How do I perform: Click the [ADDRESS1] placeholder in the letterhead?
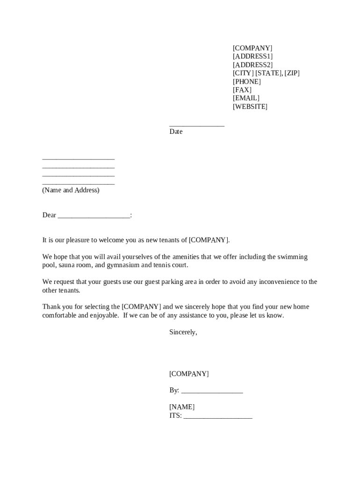coord(252,57)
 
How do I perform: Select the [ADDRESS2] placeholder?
coord(252,65)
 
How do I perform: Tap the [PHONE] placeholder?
coord(247,82)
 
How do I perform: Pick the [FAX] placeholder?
coord(242,90)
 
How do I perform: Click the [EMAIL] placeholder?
coord(246,98)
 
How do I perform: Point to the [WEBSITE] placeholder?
coord(250,107)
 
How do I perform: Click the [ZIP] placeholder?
coord(292,73)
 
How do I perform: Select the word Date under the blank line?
coord(176,132)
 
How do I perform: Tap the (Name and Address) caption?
coord(71,190)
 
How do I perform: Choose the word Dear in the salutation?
coord(49,215)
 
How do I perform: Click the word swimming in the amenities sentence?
coord(293,257)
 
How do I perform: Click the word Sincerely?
coord(183,332)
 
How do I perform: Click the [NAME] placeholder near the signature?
coord(182,407)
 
